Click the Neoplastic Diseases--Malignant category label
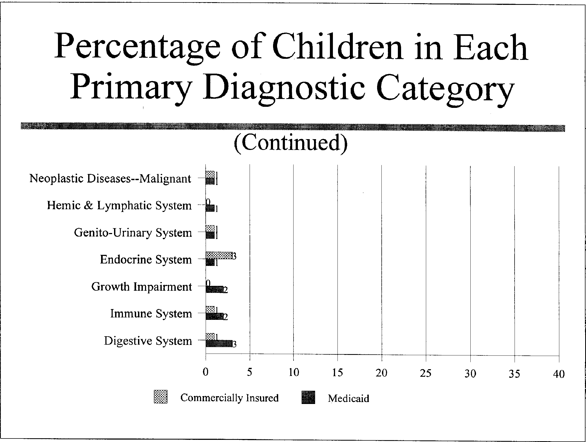110,179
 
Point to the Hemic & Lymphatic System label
119,205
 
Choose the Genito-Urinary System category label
133,232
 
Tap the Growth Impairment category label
142,286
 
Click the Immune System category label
151,314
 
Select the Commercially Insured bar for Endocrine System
219,255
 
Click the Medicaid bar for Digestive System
219,343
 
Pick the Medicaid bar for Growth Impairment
214,289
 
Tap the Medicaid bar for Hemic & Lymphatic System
210,208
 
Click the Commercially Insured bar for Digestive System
210,337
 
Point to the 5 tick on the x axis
250,372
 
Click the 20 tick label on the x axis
381,372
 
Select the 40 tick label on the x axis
559,374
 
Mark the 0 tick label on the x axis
206,372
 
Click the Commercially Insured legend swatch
161,397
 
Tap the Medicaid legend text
348,398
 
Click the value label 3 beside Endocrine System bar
234,256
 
